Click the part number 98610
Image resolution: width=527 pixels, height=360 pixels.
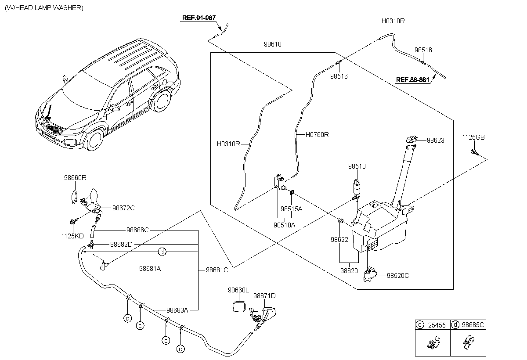point(273,44)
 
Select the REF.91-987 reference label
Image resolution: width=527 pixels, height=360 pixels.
point(199,18)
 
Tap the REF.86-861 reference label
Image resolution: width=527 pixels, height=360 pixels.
point(413,80)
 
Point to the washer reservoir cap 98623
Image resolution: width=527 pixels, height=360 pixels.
point(411,140)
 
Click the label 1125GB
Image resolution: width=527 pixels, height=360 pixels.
point(473,137)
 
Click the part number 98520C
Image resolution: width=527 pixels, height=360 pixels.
point(398,276)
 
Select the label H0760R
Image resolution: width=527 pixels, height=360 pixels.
point(317,135)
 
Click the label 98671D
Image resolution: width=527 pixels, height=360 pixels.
point(264,296)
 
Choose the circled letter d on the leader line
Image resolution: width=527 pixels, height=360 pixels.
point(162,252)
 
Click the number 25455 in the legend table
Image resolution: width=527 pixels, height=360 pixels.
point(437,325)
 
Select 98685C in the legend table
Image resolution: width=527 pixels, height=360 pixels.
point(473,325)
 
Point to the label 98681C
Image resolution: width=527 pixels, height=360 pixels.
point(217,270)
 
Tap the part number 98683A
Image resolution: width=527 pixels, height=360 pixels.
point(177,310)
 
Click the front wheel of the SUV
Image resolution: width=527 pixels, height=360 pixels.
point(94,140)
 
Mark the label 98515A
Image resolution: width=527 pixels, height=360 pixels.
point(291,209)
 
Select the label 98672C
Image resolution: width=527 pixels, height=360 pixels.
point(123,208)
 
